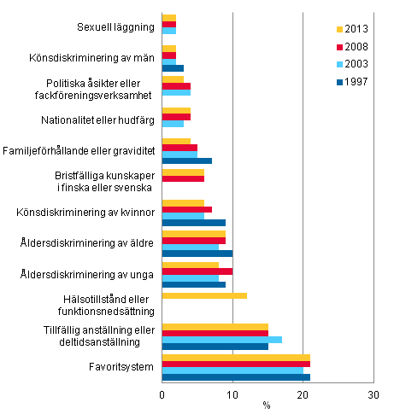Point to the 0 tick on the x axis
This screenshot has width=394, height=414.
(x=162, y=394)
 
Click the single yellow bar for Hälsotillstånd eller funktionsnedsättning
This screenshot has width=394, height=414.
(x=204, y=296)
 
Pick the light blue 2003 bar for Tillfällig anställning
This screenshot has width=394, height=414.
(x=221, y=339)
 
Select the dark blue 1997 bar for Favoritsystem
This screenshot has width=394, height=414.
(x=236, y=376)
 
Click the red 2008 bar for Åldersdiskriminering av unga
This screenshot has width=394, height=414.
(x=197, y=271)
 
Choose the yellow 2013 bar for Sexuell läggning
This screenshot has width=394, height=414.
(x=169, y=18)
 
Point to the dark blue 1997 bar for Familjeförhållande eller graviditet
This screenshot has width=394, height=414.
(x=186, y=161)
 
